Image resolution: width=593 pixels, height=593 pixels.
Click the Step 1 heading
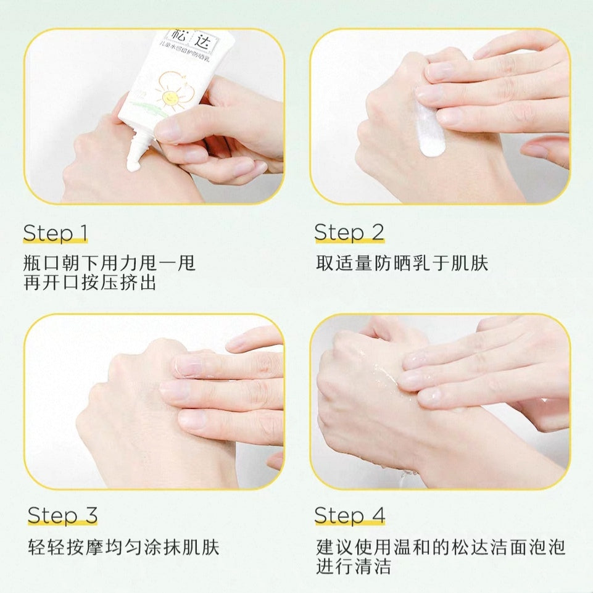tap(56, 233)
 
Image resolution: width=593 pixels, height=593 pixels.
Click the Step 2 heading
tap(349, 233)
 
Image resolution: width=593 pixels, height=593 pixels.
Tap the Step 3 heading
tap(62, 515)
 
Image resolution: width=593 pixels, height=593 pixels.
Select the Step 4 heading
tap(349, 515)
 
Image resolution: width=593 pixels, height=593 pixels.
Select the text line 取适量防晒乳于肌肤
tap(402, 263)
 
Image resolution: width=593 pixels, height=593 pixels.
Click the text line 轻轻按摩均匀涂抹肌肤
tap(123, 547)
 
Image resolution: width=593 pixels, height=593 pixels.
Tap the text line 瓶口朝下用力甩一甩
tap(109, 263)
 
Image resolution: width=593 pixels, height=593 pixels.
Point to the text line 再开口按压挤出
tap(89, 283)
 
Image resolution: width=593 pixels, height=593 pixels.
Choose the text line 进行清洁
tap(354, 566)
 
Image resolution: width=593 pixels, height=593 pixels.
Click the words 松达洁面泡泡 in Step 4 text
tap(510, 547)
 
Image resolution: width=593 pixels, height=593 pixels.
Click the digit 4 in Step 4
tap(377, 515)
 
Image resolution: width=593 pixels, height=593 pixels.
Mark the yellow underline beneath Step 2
tap(349, 241)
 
